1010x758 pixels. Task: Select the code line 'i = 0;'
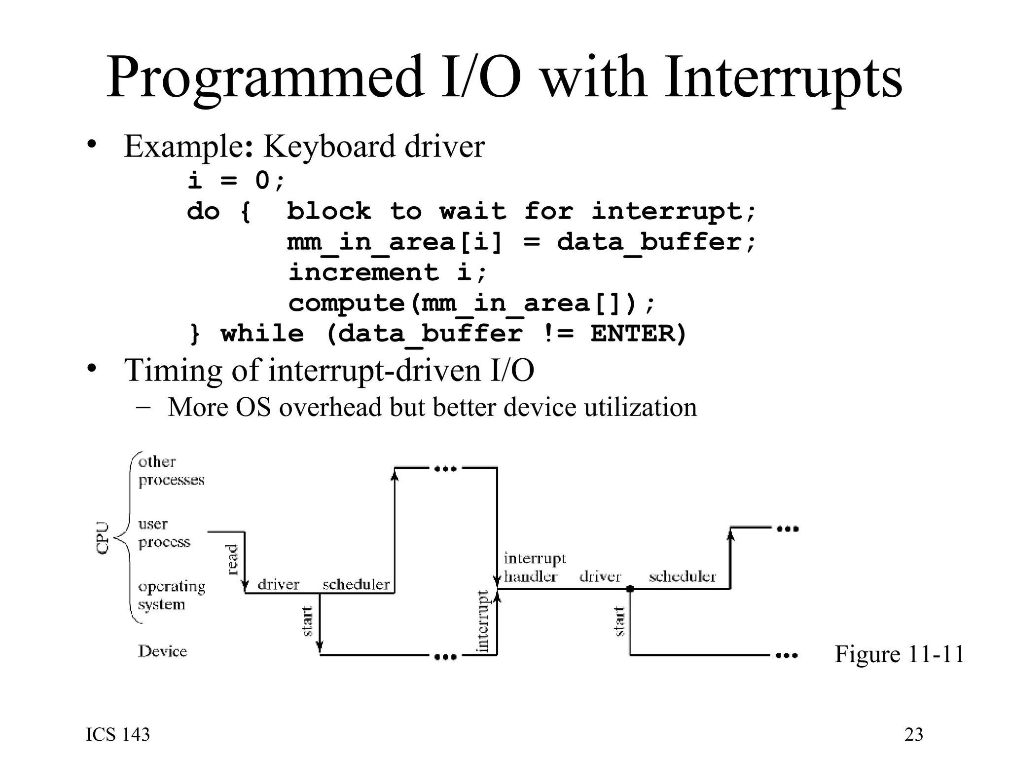(x=236, y=180)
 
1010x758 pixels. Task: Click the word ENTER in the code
(x=633, y=333)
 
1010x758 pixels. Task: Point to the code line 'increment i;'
(x=388, y=272)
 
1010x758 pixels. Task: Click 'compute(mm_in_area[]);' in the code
(x=471, y=303)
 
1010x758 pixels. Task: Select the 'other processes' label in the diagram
(x=171, y=470)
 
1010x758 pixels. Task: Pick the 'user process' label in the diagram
(x=164, y=533)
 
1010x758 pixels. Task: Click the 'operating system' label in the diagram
(x=171, y=595)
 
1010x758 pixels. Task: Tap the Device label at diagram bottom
(x=162, y=651)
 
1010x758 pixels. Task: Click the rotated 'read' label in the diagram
(x=232, y=560)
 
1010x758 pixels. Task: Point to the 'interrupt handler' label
(x=534, y=567)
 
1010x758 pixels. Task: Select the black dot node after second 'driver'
(x=630, y=589)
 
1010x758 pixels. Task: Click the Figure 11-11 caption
(x=899, y=654)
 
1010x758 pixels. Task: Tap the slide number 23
(x=913, y=735)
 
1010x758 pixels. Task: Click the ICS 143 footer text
(x=118, y=735)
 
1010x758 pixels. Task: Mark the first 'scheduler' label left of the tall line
(x=356, y=585)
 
